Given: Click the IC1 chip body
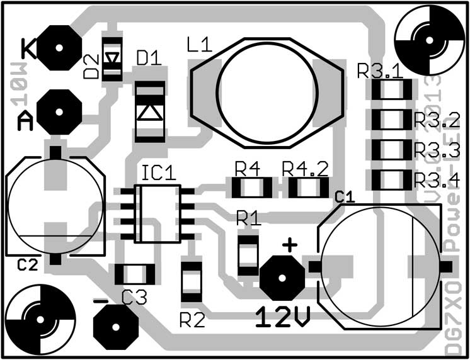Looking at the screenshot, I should click(x=158, y=212).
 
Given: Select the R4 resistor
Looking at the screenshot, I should click(x=251, y=187).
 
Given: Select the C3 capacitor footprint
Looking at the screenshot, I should click(x=135, y=274).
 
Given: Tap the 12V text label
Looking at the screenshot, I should click(x=283, y=317).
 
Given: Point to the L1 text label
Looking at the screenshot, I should click(x=200, y=45).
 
